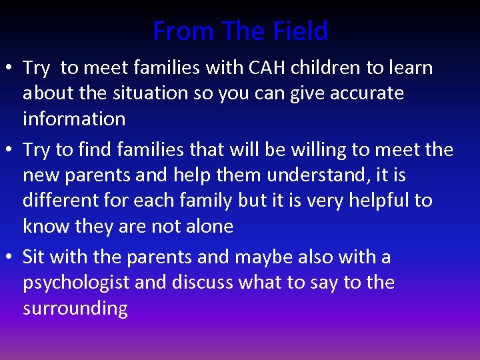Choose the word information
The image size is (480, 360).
coord(74,119)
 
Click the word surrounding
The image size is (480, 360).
coord(75,309)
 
